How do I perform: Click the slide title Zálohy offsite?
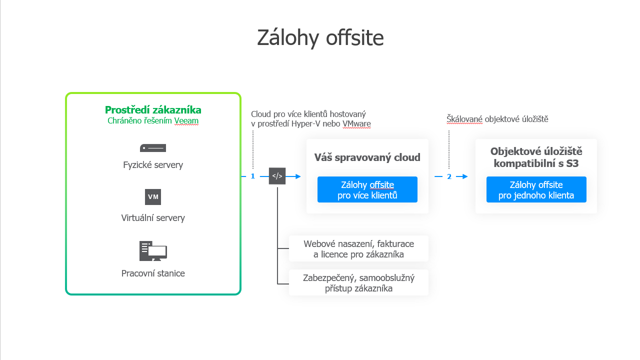coord(320,38)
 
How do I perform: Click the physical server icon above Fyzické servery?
coord(153,148)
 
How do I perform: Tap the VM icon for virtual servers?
coord(153,197)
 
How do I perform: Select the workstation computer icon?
coord(153,251)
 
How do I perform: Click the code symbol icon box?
coord(277,176)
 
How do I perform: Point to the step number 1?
coord(253,176)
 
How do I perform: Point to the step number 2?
coord(449,176)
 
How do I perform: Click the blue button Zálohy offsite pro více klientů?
coord(367,189)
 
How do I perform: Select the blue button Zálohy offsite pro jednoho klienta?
coord(536,189)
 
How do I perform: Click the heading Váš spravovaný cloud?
coord(367,157)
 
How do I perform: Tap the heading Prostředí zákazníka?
coord(153,110)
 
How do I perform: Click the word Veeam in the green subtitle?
coord(186,121)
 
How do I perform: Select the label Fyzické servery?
coord(153,165)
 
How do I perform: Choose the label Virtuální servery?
coord(153,218)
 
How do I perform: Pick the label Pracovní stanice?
coord(153,273)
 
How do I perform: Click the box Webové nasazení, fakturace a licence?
coord(358,249)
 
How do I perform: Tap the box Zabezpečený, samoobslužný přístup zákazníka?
coord(358,283)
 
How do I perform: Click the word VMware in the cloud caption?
coord(356,124)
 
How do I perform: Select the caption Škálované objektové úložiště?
coord(497,119)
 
